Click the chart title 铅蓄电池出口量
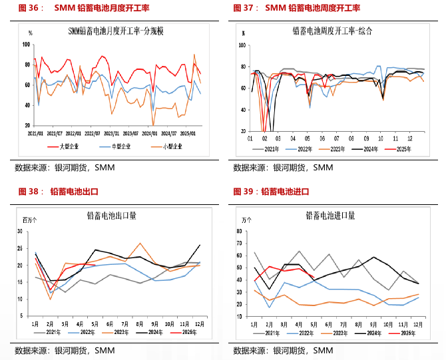112,216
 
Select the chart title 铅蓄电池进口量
330,216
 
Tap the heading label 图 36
27,8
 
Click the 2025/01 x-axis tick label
192,132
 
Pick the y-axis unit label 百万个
30,220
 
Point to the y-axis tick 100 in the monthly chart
27,45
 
